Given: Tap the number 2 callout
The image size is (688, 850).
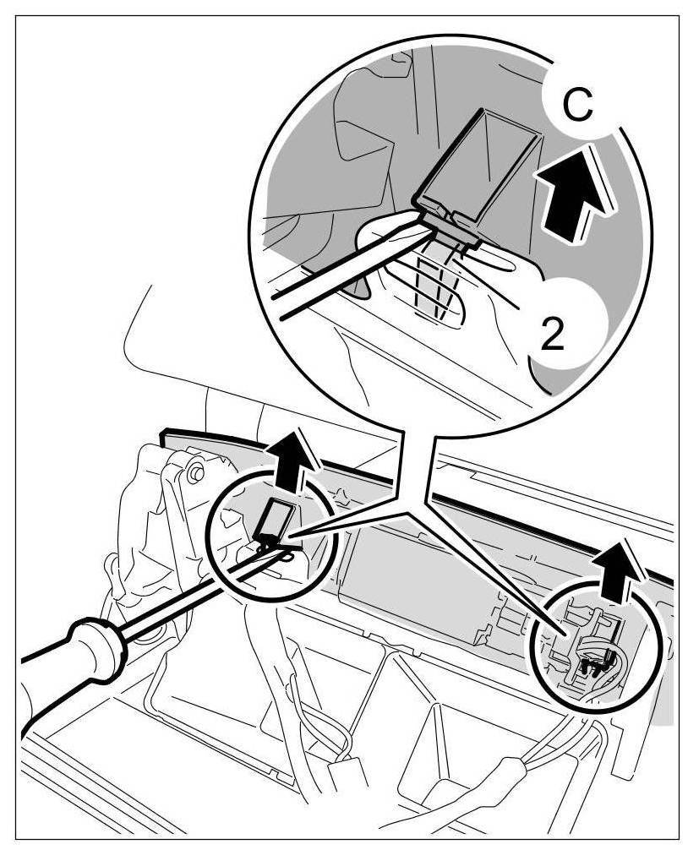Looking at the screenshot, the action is coord(552,335).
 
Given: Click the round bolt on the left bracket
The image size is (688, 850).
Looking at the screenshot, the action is coord(196,472).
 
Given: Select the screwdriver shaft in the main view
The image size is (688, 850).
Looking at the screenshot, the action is coord(194,591).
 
